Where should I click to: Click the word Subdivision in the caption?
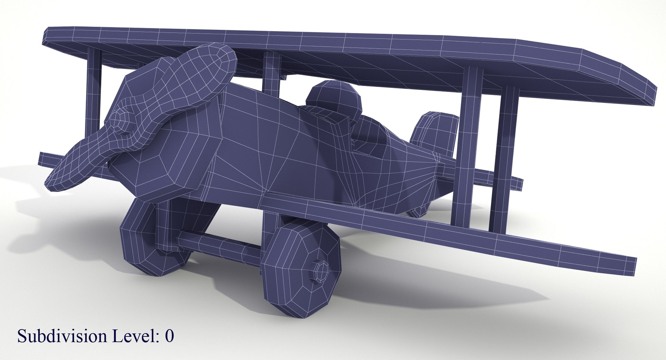point(62,336)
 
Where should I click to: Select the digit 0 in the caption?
point(169,336)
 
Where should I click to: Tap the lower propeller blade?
point(80,163)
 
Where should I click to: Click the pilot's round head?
point(333,99)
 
